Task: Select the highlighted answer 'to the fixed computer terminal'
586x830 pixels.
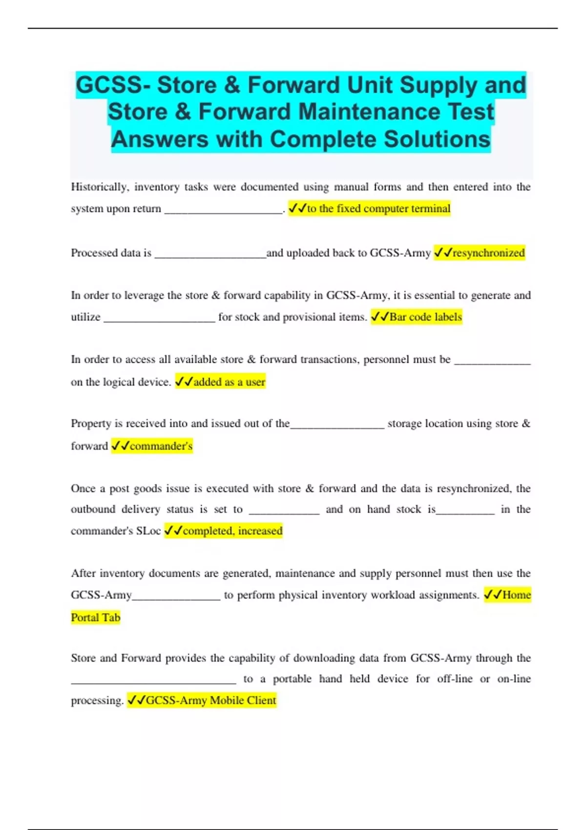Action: point(378,208)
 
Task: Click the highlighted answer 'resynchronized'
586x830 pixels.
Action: point(488,253)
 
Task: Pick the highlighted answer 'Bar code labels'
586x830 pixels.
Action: point(425,317)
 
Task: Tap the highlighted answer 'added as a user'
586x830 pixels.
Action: point(229,382)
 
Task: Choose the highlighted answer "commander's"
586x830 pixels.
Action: point(161,446)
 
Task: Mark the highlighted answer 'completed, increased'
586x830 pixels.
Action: point(232,531)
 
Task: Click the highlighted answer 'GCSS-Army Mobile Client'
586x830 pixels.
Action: point(211,700)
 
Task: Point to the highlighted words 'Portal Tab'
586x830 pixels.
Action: point(96,618)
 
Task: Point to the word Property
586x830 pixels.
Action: point(91,423)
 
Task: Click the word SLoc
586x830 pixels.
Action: point(148,531)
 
